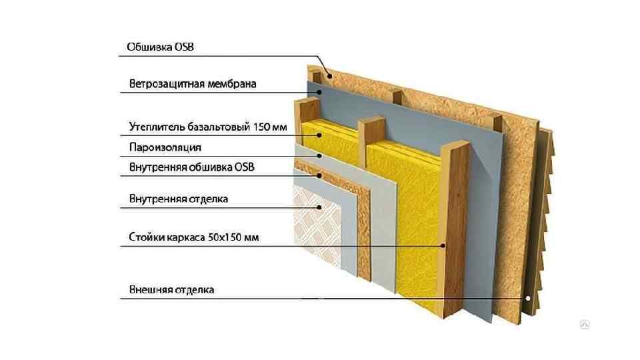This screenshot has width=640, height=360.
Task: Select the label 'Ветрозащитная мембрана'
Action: tap(192, 84)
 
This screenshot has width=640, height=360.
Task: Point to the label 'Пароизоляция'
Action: tap(164, 147)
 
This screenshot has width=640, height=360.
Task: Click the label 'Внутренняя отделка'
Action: tap(177, 199)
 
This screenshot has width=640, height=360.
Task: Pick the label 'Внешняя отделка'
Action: tap(171, 290)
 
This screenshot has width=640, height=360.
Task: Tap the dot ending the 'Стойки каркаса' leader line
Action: tap(443, 245)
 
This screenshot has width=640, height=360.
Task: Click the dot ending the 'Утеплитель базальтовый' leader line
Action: tap(320, 136)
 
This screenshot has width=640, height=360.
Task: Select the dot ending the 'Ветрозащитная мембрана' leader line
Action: tap(320, 93)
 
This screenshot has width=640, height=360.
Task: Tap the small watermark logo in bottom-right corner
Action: tap(584, 325)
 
